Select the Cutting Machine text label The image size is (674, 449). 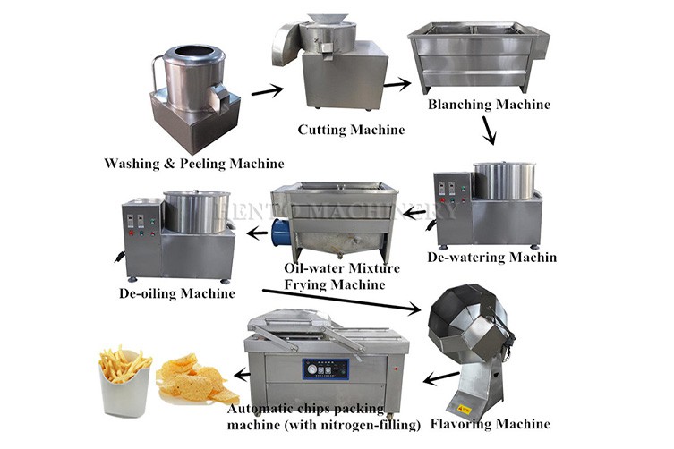coord(351,130)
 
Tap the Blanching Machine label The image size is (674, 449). coord(489,105)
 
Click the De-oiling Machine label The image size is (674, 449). coord(176,292)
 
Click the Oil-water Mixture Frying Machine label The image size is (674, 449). coord(329,276)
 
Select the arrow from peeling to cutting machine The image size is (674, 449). coord(267,89)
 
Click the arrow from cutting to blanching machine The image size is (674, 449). coord(397,84)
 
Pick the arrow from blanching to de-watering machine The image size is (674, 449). coord(488,133)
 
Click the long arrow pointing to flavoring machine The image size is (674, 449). coord(340,301)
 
